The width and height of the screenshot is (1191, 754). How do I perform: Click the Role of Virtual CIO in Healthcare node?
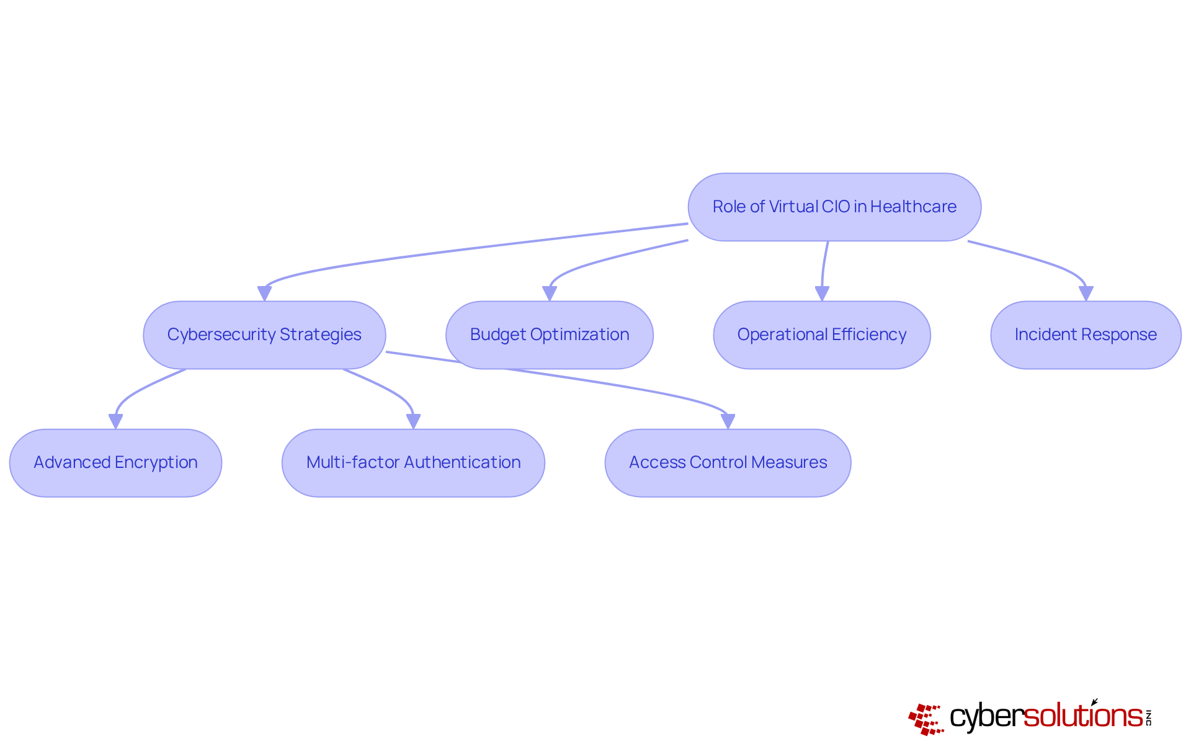pos(834,207)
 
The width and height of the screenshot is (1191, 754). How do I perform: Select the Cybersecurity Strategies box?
pos(264,334)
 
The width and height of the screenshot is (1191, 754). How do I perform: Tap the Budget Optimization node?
pos(549,334)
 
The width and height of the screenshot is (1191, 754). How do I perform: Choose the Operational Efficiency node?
pos(821,334)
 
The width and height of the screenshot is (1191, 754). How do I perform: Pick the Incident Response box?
pos(1086,334)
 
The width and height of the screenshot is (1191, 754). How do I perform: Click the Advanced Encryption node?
pos(115,462)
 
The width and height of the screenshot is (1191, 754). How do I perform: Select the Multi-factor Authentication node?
pos(413,462)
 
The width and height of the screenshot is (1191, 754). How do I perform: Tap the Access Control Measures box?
pos(728,462)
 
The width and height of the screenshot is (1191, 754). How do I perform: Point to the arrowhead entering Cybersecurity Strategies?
pos(264,294)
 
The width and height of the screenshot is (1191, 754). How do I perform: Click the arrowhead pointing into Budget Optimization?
pos(550,294)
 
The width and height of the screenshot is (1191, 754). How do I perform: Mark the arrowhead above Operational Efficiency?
pos(822,294)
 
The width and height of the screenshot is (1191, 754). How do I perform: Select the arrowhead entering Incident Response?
pos(1086,294)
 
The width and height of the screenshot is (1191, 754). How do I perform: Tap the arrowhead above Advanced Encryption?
pos(115,421)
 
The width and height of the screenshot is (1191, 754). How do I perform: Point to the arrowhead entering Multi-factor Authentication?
pos(413,421)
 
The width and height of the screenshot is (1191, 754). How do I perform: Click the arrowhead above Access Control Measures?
pos(728,421)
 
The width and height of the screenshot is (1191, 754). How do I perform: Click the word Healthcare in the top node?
pos(913,207)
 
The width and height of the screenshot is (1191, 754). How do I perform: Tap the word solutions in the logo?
pos(1083,716)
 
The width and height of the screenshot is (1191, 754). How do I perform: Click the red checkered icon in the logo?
pos(926,719)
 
